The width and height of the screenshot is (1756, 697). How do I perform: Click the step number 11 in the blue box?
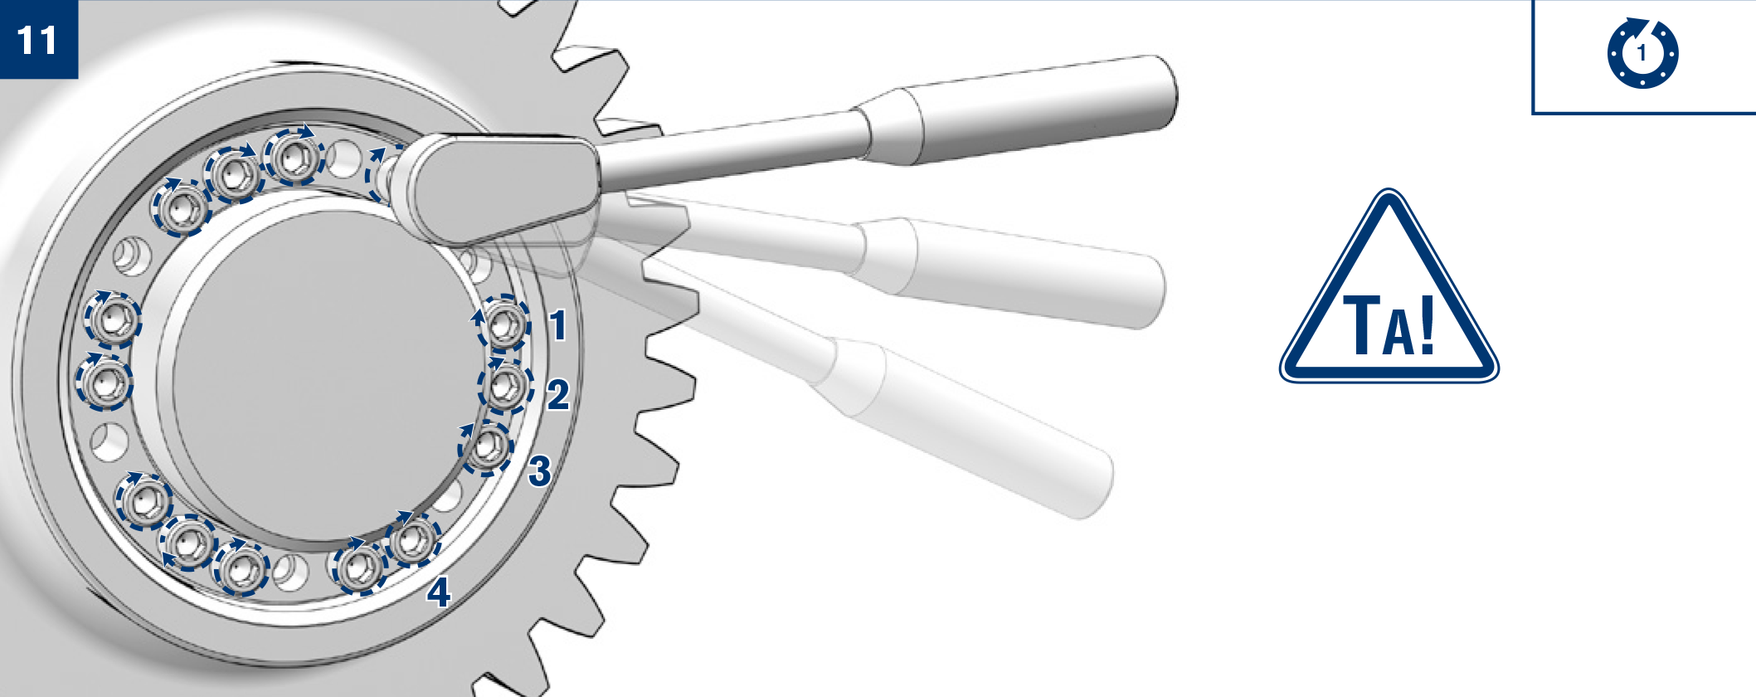tap(38, 40)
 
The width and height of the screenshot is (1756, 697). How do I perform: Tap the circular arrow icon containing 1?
tap(1642, 52)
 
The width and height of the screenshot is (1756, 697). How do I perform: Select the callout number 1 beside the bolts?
tap(558, 324)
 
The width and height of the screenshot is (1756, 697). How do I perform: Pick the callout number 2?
tap(558, 394)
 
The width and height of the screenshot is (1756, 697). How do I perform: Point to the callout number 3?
tap(540, 470)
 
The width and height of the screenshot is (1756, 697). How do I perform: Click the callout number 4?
tap(439, 592)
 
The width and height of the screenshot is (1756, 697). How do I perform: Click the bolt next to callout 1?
tap(503, 322)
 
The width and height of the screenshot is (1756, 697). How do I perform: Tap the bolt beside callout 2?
tap(506, 386)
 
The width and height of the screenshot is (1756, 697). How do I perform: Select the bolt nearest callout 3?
tap(487, 447)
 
